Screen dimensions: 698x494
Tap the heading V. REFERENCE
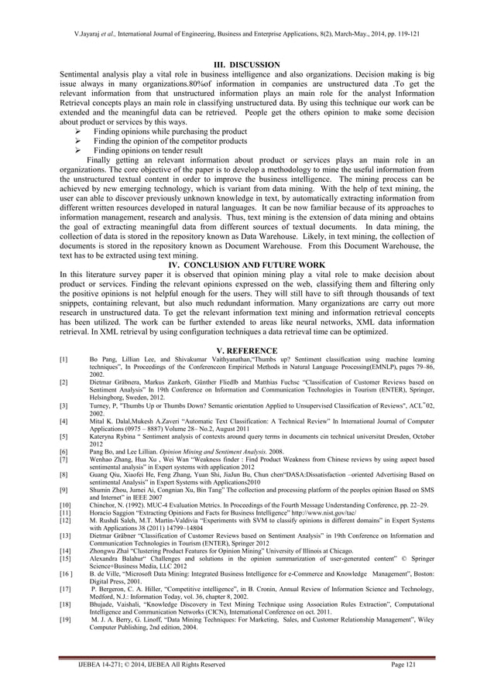pyautogui.click(x=246, y=351)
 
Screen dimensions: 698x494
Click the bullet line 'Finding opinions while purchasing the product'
pyautogui.click(x=170, y=132)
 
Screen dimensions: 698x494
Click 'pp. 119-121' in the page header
pyautogui.click(x=399, y=35)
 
